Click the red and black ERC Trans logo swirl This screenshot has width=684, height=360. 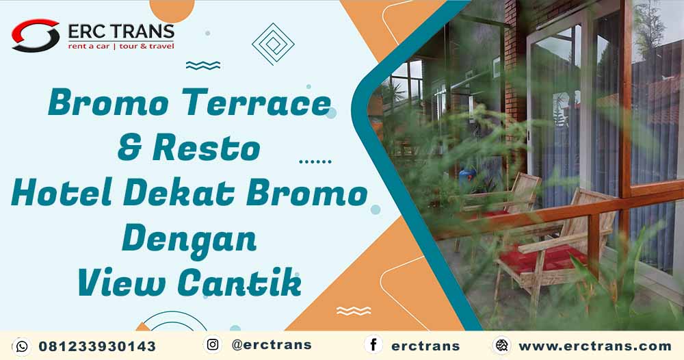point(36,36)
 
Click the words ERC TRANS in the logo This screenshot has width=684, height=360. point(121,32)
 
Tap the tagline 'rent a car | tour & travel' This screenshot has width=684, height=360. point(121,47)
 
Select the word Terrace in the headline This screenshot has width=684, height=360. point(256,103)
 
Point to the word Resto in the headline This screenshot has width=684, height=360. point(207,149)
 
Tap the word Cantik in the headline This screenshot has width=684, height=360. point(239,283)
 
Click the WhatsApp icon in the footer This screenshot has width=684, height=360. point(21,346)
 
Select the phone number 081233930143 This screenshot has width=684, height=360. point(97,346)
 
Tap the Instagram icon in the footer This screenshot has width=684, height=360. point(213,344)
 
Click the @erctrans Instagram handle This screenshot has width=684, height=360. point(272,345)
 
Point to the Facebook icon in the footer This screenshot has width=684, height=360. point(373,344)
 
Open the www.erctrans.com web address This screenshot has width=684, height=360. point(595,346)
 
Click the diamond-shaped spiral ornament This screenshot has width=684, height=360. point(273,44)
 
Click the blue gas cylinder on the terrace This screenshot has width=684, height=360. point(467,179)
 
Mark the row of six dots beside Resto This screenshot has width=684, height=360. point(315,162)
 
